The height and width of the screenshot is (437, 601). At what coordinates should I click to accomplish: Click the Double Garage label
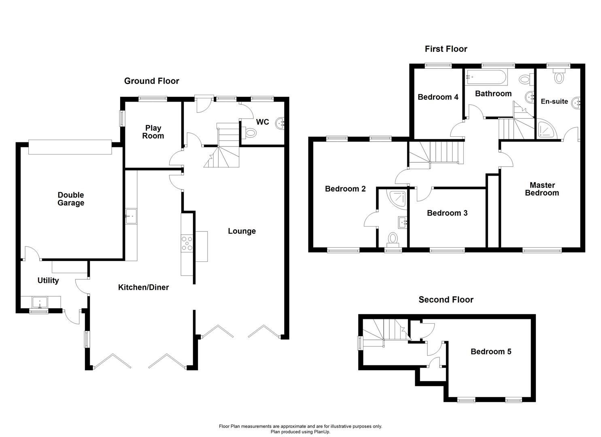click(71, 199)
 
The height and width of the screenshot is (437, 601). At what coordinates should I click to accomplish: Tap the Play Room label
click(153, 132)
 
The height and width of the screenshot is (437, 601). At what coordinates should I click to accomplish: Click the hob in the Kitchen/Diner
click(187, 243)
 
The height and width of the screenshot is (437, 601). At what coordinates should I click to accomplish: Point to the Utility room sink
click(40, 301)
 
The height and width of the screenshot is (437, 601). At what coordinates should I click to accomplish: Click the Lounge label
click(242, 231)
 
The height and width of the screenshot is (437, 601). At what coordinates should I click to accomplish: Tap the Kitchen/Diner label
click(143, 287)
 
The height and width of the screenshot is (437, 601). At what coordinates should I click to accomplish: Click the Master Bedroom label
click(542, 189)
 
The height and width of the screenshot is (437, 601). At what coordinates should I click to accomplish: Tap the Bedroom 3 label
click(447, 213)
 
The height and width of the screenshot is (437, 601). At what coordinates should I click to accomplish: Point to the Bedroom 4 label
click(438, 97)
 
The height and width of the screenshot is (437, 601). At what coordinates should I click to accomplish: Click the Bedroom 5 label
click(491, 352)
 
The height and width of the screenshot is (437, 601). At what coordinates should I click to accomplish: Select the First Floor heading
click(446, 49)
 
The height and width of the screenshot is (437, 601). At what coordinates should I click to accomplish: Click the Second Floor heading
click(446, 300)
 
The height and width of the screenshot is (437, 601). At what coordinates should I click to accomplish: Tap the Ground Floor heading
click(151, 81)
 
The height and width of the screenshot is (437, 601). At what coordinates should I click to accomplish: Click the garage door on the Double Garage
click(70, 147)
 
